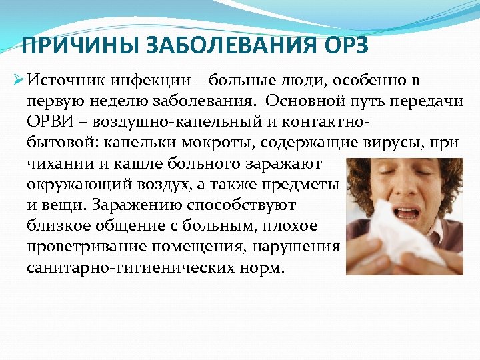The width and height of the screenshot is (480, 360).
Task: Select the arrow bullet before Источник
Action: click(18, 81)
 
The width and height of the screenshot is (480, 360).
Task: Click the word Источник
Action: click(61, 81)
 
